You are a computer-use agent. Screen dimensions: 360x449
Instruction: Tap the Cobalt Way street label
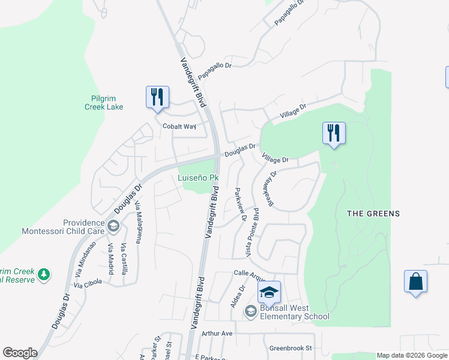[x=179, y=127]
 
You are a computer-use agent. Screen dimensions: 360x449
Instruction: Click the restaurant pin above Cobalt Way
[x=157, y=98]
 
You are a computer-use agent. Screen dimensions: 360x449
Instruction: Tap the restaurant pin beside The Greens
[x=334, y=134]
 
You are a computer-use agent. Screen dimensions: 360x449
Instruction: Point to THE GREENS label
[x=373, y=214]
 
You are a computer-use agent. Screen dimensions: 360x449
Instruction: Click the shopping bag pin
[x=416, y=282]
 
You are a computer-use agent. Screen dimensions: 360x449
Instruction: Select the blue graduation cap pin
[x=270, y=292]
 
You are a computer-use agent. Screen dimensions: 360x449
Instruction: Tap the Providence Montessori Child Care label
[x=63, y=226]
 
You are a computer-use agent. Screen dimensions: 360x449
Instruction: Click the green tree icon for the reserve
[x=44, y=275]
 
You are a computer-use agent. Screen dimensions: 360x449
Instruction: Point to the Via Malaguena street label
[x=138, y=223]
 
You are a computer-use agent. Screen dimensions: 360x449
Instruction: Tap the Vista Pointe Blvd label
[x=252, y=230]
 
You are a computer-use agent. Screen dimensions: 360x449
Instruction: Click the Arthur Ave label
[x=217, y=333]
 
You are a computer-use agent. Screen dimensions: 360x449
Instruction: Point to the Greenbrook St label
[x=291, y=348]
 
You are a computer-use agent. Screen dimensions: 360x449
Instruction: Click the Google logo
[x=20, y=353]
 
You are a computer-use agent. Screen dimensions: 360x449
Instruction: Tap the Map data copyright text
[x=412, y=355]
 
